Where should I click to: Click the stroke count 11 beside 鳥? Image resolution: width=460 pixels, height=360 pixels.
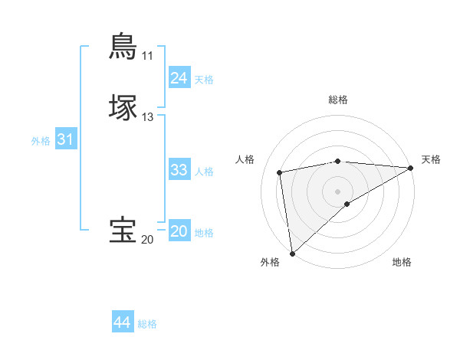pos(147,56)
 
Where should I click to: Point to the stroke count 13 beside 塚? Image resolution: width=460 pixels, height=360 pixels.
pos(147,117)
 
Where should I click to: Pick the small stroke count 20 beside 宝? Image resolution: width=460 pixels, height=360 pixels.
pos(147,240)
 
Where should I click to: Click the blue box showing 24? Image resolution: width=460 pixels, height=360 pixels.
pos(179,78)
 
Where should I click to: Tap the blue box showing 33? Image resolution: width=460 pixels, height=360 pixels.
pos(179,170)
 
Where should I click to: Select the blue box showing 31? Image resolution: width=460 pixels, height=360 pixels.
pos(65,139)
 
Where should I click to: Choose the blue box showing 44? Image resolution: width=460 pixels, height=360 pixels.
pos(122,322)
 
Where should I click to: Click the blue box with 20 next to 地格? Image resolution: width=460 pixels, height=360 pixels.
pos(179,231)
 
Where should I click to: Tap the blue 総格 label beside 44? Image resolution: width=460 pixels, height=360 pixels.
pos(147,324)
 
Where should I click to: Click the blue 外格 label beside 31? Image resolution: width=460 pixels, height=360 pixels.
pos(41,141)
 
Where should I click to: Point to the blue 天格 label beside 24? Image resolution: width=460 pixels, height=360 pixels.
pos(204,80)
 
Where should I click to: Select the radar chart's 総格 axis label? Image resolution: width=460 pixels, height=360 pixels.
pos(338,100)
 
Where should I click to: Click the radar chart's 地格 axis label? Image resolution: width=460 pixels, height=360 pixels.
pos(402,263)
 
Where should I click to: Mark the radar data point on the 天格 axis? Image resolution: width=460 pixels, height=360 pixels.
pos(411,168)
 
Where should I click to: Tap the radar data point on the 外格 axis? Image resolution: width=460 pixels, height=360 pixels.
pos(291,254)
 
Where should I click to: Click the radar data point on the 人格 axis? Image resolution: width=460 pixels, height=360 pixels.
pos(280,172)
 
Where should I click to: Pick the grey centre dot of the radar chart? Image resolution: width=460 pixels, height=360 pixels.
pos(338,191)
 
